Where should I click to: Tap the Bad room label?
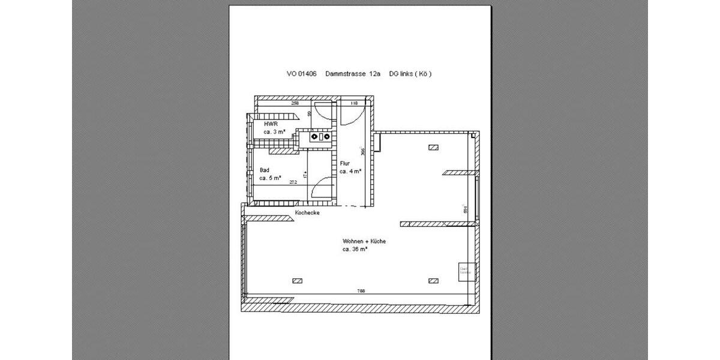265,170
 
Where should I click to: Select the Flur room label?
344,163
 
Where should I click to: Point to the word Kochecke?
307,213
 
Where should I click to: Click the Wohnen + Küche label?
364,241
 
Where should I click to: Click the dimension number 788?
361,291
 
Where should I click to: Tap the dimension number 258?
295,103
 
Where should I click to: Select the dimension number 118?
354,103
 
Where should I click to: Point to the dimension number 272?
293,182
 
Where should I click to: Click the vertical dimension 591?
465,209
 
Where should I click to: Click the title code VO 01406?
301,74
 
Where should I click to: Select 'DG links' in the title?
401,74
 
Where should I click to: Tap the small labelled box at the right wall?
466,271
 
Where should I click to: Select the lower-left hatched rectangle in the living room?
297,280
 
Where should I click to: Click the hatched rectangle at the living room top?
433,146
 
